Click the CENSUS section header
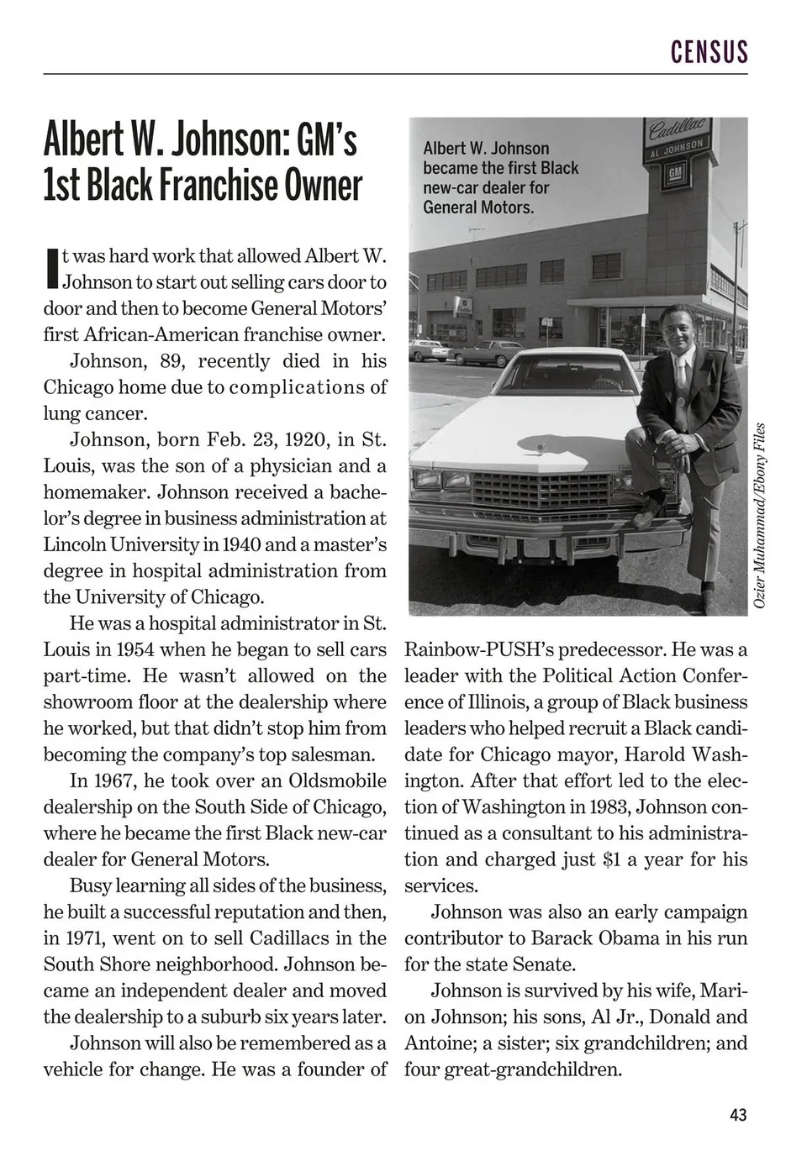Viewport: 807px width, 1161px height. tap(709, 52)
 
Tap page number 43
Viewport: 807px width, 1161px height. tap(737, 1115)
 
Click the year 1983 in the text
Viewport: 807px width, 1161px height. tap(607, 806)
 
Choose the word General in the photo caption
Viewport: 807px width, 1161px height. tap(454, 207)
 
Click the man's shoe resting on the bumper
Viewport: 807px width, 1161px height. tap(646, 514)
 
